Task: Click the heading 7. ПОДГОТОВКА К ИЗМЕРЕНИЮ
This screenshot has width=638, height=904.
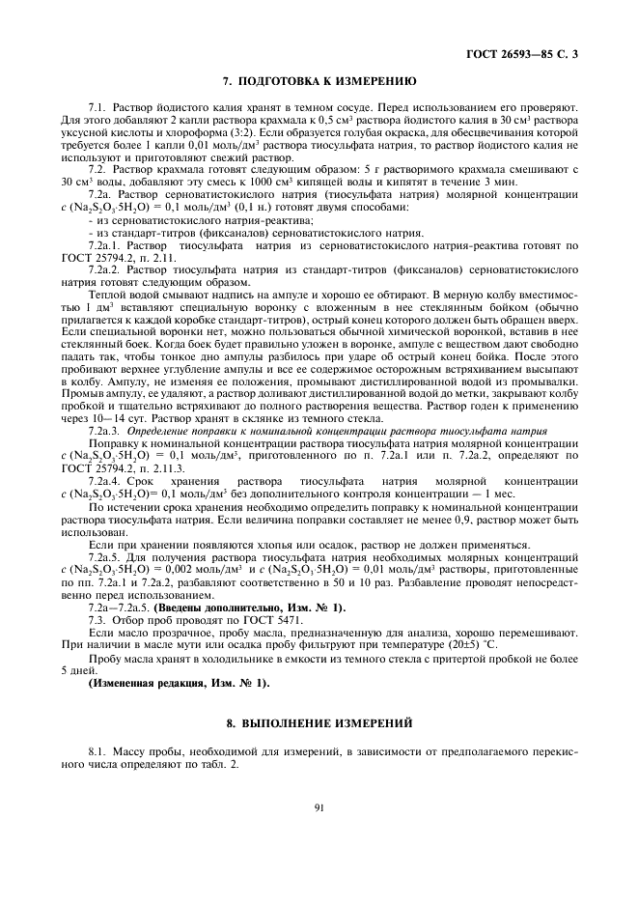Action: click(319, 82)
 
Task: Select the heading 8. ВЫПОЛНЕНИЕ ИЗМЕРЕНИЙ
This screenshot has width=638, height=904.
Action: click(319, 721)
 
